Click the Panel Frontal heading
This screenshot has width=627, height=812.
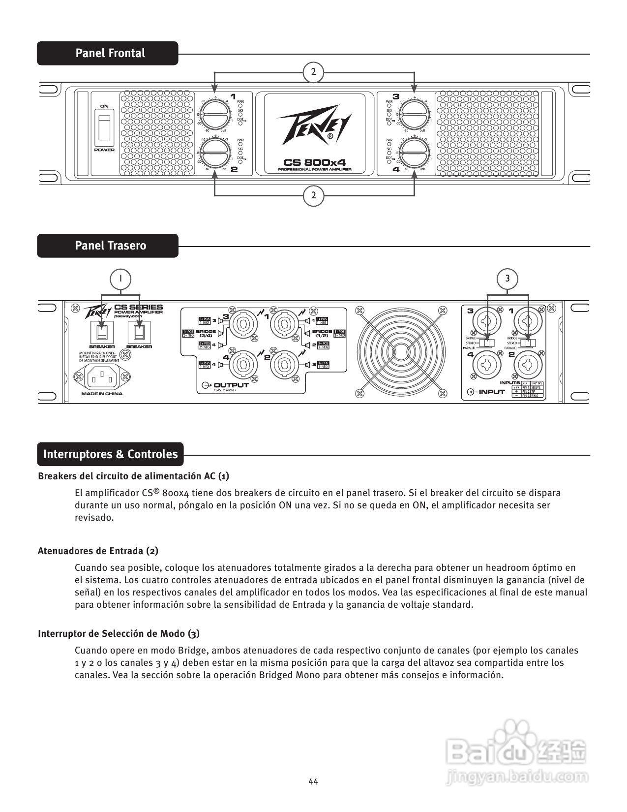pos(110,53)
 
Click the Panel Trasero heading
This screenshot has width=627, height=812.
pos(110,246)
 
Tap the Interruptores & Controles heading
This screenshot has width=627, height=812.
pos(110,454)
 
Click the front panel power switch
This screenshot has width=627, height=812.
pos(104,128)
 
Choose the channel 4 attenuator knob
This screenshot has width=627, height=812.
pos(414,153)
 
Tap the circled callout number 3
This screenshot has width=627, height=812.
pos(508,279)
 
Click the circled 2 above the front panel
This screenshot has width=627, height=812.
pos(314,72)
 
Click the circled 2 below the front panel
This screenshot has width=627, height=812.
pos(314,196)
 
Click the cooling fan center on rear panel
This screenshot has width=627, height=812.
pos(401,350)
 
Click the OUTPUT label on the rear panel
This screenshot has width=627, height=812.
pos(231,385)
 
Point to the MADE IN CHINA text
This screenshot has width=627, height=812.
pos(102,394)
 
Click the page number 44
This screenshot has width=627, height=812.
pos(313,781)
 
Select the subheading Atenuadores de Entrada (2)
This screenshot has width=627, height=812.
pos(98,551)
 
